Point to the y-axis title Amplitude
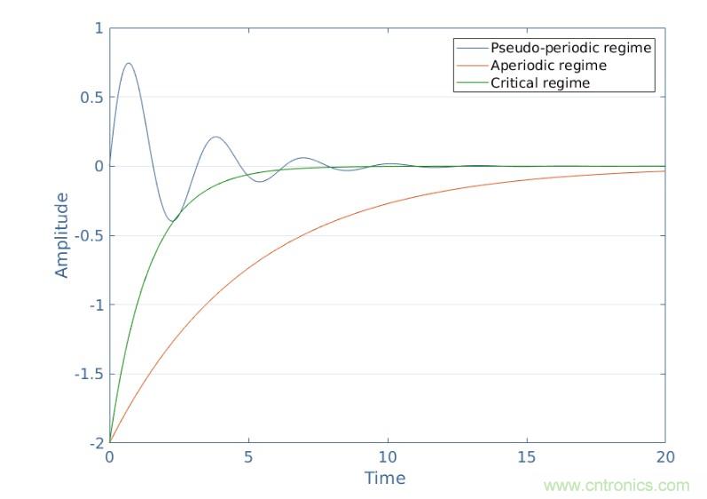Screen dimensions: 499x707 point(62,234)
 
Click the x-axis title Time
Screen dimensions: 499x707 point(385,478)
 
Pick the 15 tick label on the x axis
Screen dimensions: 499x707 point(526,456)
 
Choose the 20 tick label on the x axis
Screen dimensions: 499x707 point(664,456)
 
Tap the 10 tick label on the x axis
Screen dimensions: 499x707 point(387,456)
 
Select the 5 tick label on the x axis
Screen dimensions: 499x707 point(248,456)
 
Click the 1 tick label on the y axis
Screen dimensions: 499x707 point(98,28)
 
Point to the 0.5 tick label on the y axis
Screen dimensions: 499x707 point(92,98)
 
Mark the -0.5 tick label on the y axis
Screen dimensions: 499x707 point(90,236)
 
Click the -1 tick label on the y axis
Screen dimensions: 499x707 point(95,305)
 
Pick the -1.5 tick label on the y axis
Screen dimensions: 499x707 point(90,375)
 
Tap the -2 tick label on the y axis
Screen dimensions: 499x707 point(95,443)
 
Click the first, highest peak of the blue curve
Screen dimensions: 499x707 point(130,63)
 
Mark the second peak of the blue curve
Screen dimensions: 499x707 point(216,137)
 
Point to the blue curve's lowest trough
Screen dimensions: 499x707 point(171,221)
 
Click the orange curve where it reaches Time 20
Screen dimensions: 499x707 point(664,170)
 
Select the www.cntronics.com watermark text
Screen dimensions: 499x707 point(616,486)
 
